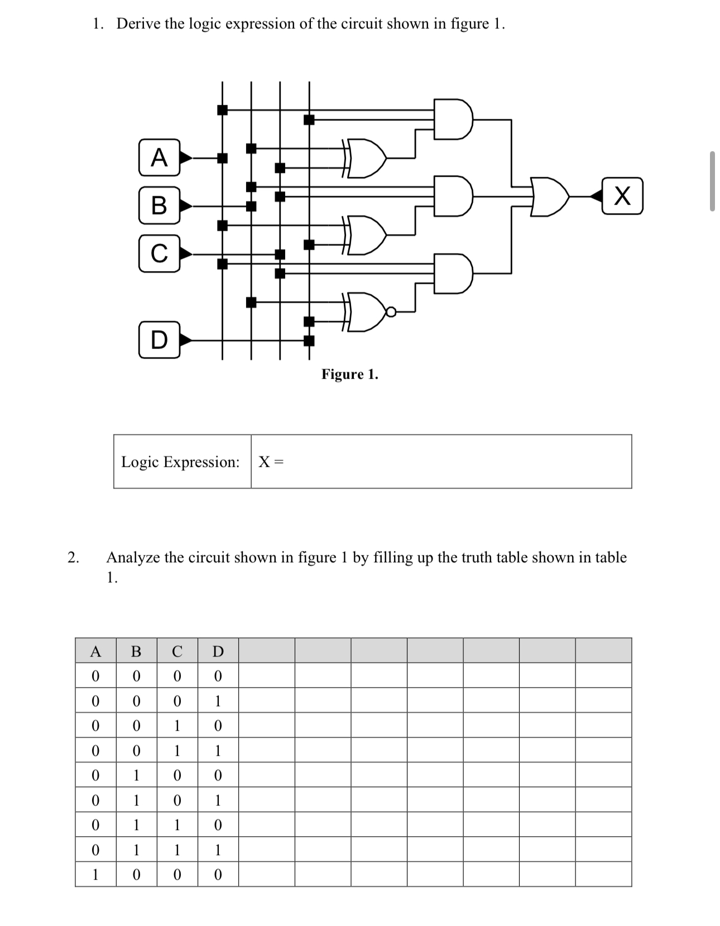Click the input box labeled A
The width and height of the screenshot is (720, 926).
tap(159, 157)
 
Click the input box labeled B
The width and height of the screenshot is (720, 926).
tap(159, 205)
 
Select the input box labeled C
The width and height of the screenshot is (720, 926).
tap(159, 253)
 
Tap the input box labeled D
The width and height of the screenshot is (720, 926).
tap(159, 339)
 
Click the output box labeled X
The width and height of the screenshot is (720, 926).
tap(622, 196)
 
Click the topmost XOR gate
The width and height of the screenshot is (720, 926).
tap(367, 157)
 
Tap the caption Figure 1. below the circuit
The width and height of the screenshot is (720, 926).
tap(349, 374)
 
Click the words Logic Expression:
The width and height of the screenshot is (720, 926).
tap(180, 462)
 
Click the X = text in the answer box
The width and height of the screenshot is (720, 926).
tap(271, 462)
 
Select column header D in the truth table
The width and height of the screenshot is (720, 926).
tap(218, 651)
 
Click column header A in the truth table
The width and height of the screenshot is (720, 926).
tap(95, 651)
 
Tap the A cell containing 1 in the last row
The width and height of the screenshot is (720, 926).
tap(95, 875)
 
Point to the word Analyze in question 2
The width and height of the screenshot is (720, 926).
tap(133, 557)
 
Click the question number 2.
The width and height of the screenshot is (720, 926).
tap(72, 557)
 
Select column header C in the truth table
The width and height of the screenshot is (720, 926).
tap(177, 651)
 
